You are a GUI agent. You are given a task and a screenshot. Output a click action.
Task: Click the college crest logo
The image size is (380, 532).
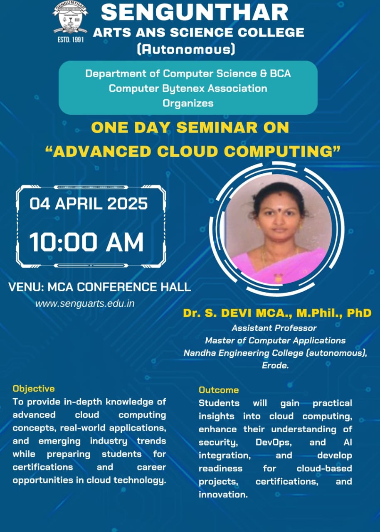click(70, 18)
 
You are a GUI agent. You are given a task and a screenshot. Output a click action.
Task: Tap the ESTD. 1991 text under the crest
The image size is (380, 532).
click(71, 39)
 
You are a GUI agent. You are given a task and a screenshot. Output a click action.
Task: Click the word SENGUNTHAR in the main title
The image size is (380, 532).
click(195, 12)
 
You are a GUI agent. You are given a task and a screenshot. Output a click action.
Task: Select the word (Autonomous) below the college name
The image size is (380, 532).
click(186, 49)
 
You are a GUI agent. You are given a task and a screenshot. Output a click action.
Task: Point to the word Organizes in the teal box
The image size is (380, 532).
click(188, 103)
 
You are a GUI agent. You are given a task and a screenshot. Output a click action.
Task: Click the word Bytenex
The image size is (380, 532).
click(183, 89)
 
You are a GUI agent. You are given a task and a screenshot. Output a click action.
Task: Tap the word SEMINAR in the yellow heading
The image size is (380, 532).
click(217, 127)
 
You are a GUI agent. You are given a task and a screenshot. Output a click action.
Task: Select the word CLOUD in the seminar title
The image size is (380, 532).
click(187, 151)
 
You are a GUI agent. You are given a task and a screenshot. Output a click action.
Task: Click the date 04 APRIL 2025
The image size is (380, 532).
click(89, 204)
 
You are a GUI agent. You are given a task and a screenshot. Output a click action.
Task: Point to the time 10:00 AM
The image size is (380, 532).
click(86, 242)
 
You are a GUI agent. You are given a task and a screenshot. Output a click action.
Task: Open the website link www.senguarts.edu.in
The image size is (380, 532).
click(85, 303)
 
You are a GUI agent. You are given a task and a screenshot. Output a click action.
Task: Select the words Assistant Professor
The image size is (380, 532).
click(274, 328)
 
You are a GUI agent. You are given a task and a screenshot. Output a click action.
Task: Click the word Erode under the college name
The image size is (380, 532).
click(275, 365)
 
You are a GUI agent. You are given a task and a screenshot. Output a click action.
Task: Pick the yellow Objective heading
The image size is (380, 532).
click(34, 389)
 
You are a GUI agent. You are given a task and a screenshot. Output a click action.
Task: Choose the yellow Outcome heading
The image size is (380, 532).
click(219, 390)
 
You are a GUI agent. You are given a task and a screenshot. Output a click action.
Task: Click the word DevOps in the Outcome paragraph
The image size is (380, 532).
click(274, 442)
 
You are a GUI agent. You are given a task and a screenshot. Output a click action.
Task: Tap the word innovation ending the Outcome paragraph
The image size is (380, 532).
click(223, 495)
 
